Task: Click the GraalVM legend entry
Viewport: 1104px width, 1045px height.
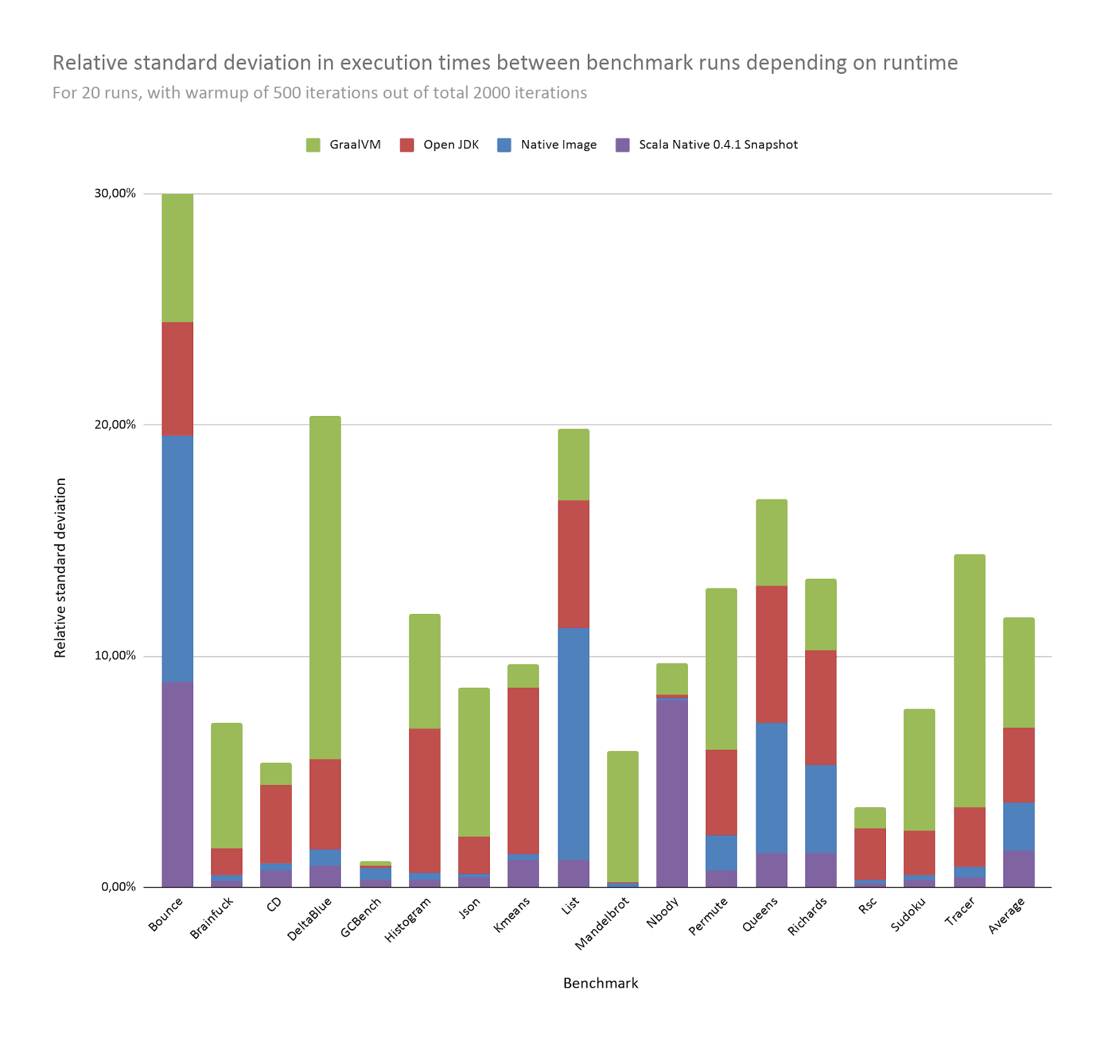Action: [344, 145]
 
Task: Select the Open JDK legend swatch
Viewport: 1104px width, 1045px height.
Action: [407, 145]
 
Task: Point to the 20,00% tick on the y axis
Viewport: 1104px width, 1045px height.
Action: [115, 424]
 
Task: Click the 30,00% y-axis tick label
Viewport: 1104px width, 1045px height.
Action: [115, 193]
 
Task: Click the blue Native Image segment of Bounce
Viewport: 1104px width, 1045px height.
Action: [177, 559]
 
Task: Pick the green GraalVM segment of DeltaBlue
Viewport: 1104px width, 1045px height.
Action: [325, 586]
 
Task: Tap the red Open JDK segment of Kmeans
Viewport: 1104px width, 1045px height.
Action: [523, 770]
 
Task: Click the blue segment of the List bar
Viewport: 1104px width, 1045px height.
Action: [573, 743]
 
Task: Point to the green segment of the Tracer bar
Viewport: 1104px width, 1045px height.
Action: [969, 680]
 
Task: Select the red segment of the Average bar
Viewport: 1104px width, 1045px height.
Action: [1018, 764]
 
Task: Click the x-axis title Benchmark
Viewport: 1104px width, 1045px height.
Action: [600, 983]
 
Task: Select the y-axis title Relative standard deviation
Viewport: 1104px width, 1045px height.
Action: [61, 567]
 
